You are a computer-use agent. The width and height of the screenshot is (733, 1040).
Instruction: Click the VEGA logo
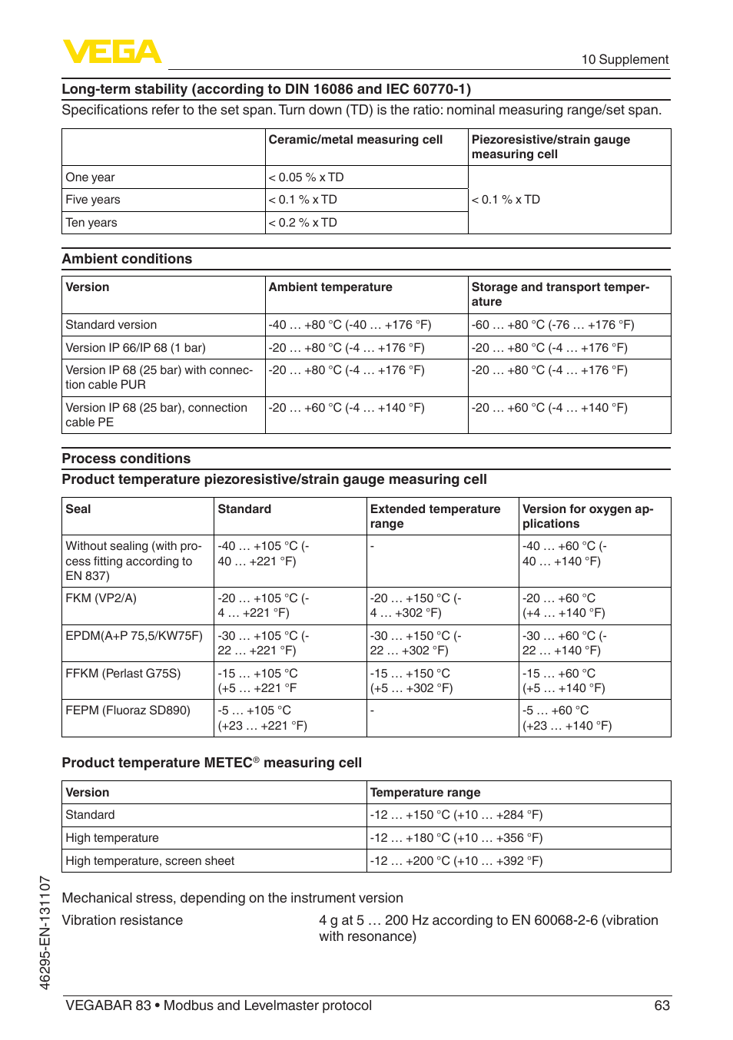tap(111, 51)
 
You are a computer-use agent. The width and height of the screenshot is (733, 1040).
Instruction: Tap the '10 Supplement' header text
tap(624, 60)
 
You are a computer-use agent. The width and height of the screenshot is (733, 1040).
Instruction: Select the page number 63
tap(662, 1005)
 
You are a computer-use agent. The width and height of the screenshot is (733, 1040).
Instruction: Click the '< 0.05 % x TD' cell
tap(306, 177)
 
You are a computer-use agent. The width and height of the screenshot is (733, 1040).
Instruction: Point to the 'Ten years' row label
tap(91, 223)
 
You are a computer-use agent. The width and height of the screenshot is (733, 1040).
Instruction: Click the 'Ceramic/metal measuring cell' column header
tap(355, 140)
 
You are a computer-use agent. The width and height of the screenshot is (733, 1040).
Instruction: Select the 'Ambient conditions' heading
tap(127, 259)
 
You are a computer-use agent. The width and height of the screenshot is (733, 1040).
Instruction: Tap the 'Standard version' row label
tap(111, 325)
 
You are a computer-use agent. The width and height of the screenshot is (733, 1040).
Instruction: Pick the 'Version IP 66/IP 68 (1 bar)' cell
tap(135, 348)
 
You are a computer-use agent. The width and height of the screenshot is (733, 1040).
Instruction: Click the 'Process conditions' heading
tap(126, 459)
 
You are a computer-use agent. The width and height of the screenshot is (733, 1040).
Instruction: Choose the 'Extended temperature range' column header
tap(435, 516)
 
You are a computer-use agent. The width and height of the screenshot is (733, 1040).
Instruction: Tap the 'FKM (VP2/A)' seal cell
tap(101, 598)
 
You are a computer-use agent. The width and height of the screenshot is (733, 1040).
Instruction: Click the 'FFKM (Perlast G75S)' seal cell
tap(123, 674)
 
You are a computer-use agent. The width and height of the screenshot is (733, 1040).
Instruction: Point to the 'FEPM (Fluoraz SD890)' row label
tap(128, 710)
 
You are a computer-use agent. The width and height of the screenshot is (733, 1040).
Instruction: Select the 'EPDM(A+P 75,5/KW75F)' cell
tap(134, 636)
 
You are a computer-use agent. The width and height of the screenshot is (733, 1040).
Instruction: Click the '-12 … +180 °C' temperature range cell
tap(456, 838)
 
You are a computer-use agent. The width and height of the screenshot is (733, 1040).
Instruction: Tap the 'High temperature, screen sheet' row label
tap(150, 861)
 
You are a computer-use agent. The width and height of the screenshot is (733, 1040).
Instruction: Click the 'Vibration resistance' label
tap(122, 920)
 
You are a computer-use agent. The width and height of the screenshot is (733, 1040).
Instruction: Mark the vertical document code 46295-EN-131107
tap(45, 932)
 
